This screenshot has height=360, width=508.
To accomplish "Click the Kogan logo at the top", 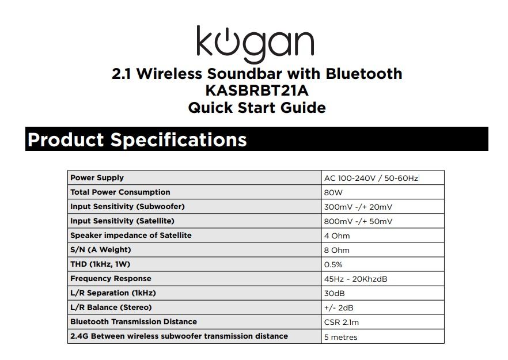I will (255, 43).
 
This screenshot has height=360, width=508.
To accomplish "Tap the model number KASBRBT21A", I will (256, 91).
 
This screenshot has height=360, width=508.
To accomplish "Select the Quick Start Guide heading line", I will (256, 108).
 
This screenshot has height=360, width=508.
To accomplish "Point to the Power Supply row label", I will (97, 178).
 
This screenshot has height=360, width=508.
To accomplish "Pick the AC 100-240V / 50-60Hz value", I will (371, 179).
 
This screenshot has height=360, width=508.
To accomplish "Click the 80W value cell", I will (333, 193).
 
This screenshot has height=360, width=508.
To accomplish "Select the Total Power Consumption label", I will (120, 192).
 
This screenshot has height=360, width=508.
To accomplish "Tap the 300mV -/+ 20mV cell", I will (358, 207).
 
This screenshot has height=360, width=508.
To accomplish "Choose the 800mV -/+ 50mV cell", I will (358, 222).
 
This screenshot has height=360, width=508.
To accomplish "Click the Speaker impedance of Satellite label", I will (131, 236).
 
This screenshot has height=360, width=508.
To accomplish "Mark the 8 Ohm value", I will (336, 251).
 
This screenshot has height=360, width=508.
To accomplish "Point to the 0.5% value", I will (333, 265).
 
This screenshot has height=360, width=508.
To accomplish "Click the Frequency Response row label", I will (111, 279).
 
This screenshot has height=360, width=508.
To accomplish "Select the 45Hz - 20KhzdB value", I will (355, 279).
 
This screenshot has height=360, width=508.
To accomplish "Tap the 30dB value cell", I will (334, 294).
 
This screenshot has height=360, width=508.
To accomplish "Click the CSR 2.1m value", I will (341, 323).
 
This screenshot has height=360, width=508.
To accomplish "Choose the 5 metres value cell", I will (340, 338).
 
